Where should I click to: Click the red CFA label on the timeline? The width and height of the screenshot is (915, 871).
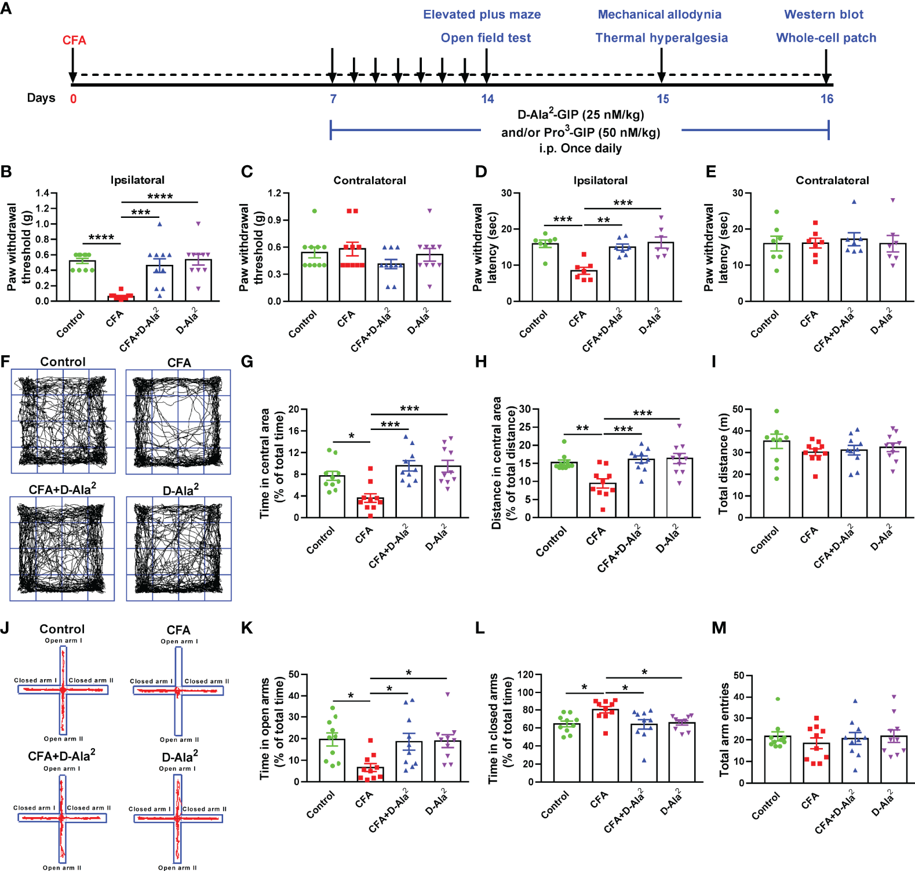click(74, 41)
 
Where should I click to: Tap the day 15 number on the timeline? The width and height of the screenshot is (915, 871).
click(662, 99)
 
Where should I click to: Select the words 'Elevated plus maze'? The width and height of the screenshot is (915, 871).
click(482, 14)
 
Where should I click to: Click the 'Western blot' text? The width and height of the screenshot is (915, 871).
click(823, 14)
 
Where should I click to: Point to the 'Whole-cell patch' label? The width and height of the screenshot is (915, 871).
click(826, 38)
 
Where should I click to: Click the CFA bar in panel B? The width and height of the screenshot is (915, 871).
click(121, 298)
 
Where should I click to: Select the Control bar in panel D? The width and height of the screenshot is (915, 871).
click(545, 272)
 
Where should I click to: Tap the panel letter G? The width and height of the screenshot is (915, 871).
click(247, 362)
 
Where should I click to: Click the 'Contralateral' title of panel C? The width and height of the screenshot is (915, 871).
click(370, 180)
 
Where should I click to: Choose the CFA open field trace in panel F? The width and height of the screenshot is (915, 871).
click(178, 422)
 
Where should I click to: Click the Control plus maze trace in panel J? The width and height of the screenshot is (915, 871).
click(63, 690)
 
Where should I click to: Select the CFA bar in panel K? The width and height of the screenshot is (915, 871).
click(370, 774)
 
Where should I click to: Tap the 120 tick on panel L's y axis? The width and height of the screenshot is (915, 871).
click(526, 675)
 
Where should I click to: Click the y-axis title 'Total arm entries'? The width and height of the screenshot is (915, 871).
click(724, 729)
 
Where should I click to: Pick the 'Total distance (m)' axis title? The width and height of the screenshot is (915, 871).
click(723, 464)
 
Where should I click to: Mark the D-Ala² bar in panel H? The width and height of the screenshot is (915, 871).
click(679, 487)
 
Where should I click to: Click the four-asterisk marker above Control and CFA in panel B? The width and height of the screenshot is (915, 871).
click(101, 238)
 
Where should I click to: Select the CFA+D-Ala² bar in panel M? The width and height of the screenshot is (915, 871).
click(855, 760)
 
